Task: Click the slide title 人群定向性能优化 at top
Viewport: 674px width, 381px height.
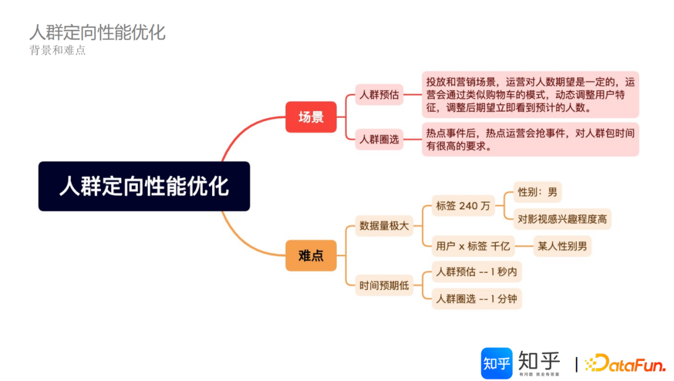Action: pyautogui.click(x=97, y=32)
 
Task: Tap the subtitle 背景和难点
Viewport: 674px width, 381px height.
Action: pyautogui.click(x=57, y=51)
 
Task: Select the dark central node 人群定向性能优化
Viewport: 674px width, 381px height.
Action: pyautogui.click(x=144, y=186)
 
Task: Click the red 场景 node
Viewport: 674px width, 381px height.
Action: pyautogui.click(x=311, y=117)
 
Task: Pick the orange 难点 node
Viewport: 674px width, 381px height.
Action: pyautogui.click(x=311, y=255)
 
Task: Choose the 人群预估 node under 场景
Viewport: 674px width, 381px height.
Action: pyautogui.click(x=379, y=96)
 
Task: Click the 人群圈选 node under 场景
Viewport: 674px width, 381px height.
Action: pyautogui.click(x=379, y=140)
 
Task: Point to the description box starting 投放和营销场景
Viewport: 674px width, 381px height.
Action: pyautogui.click(x=530, y=95)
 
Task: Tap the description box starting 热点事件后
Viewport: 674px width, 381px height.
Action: pyautogui.click(x=530, y=139)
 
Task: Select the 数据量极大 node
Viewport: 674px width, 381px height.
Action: pyautogui.click(x=384, y=225)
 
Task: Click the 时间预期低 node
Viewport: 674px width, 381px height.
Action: pyautogui.click(x=384, y=285)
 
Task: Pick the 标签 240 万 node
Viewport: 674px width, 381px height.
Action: pyautogui.click(x=463, y=205)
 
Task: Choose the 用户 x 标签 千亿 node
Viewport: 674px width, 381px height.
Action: pyautogui.click(x=474, y=245)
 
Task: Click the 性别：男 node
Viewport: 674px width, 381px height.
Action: pyautogui.click(x=537, y=192)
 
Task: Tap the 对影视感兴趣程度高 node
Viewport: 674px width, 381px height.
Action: pyautogui.click(x=562, y=219)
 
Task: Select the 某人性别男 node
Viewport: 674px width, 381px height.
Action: pyautogui.click(x=562, y=245)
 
